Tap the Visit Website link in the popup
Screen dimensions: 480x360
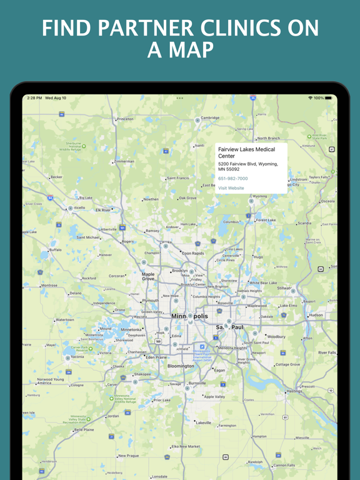pos(231,188)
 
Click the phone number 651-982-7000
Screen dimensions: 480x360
pos(232,179)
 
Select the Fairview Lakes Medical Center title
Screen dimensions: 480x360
pos(246,153)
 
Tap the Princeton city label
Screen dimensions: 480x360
pos(125,119)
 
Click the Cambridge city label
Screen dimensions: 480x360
pos(210,117)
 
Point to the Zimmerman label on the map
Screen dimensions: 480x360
pos(124,161)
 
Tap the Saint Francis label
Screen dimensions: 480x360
pos(178,178)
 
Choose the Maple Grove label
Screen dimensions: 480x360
pos(148,276)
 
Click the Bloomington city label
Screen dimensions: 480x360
pos(181,366)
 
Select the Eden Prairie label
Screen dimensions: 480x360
pos(156,357)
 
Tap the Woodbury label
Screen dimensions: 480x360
pos(276,337)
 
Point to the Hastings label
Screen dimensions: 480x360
pos(294,391)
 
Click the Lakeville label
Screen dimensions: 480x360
pos(203,422)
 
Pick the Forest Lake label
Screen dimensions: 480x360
pos(266,220)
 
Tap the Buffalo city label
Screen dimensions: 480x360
pos(56,250)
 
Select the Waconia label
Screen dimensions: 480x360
pos(77,357)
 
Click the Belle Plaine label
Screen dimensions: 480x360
pos(84,430)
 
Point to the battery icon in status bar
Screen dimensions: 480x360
pos(329,98)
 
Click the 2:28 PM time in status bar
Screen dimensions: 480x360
pos(34,98)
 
